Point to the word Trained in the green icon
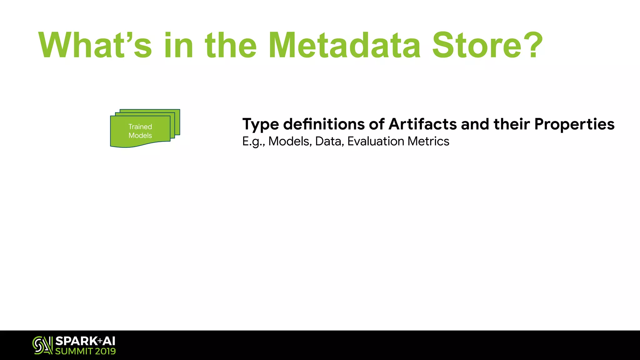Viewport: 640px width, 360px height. pos(140,127)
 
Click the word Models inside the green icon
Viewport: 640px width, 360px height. pos(140,135)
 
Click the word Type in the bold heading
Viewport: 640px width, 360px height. pos(261,125)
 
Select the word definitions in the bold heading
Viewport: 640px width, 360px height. pos(324,124)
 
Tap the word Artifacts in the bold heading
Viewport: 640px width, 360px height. pos(422,124)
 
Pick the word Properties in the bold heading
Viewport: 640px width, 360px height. pos(574,125)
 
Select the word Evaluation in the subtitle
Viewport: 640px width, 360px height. pos(376,141)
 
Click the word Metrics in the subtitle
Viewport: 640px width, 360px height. pos(428,141)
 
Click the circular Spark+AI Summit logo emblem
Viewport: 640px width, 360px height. pos(42,345)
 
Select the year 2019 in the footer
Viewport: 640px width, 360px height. pos(105,351)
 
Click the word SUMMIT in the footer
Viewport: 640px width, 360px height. pos(74,351)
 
